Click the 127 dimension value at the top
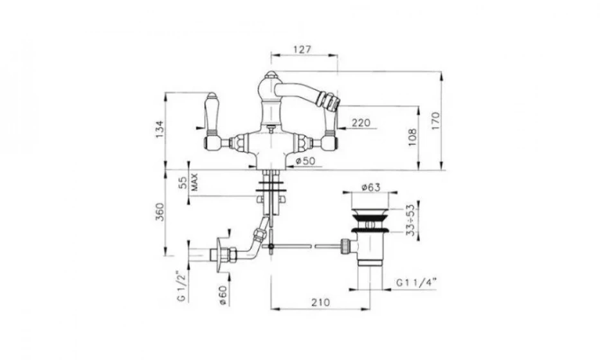[302, 50]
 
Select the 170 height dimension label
[436, 120]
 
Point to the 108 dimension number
[412, 138]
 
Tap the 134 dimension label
[159, 129]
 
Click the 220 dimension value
[361, 123]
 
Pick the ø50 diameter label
[305, 161]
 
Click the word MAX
[194, 182]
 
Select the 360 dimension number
[159, 212]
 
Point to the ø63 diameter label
[371, 188]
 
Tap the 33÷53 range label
[410, 220]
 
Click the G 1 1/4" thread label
[416, 283]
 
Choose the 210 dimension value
[320, 302]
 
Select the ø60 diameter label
[223, 295]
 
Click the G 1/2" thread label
[182, 286]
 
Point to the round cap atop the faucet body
[270, 74]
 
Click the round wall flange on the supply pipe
[219, 255]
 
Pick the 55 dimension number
[184, 182]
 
